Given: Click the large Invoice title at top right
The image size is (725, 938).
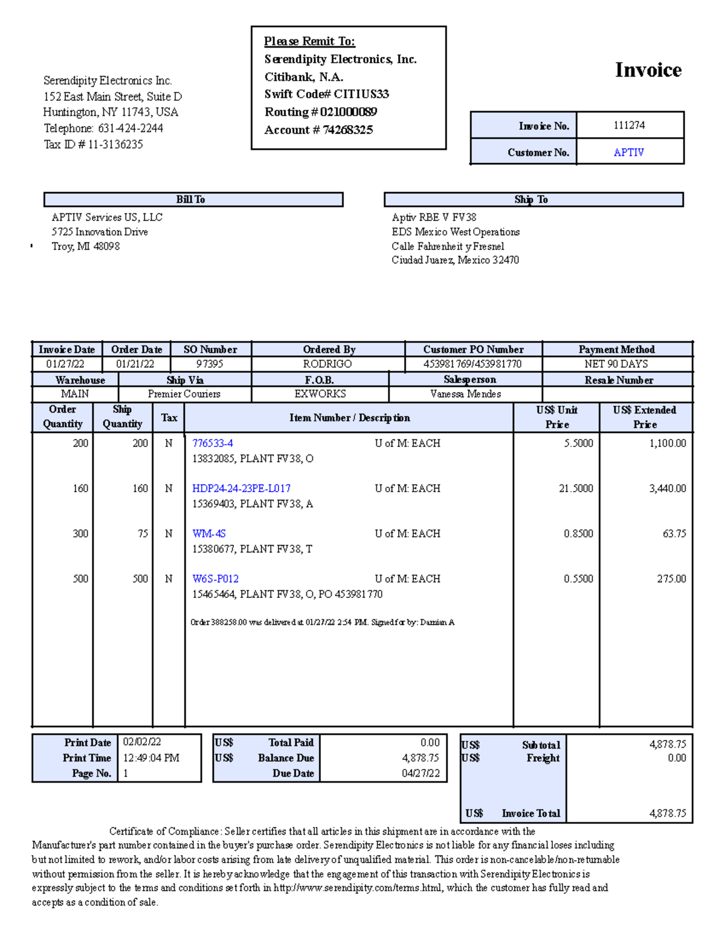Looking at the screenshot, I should coord(648,70).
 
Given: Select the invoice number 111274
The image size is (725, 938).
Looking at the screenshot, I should coord(629,125).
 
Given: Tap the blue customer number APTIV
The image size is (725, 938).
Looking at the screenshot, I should coord(628,152).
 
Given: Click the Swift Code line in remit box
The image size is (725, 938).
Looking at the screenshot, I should coord(326,94).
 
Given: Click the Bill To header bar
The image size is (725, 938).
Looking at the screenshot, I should coord(193,199).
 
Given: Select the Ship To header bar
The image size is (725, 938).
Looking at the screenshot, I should coord(533,199).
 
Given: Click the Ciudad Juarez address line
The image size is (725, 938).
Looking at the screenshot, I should coord(455,260).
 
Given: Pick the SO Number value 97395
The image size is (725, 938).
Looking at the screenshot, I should coord(210,364).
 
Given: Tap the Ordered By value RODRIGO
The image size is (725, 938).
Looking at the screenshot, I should coord(327,364).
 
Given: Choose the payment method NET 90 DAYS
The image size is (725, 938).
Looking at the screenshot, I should coord(616,364).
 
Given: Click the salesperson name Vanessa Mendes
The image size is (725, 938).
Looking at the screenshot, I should coord(465,394).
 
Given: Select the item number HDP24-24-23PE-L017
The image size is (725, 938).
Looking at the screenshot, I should coord(241,488).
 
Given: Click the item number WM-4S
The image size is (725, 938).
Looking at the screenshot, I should coord(208,533).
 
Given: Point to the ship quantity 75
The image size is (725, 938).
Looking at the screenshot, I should coord(143,533).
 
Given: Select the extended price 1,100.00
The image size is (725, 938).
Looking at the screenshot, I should coord(667,443).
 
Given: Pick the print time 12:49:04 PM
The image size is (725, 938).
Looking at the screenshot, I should coord(151,758).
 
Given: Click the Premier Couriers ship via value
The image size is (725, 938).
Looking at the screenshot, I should coord(184,394).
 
